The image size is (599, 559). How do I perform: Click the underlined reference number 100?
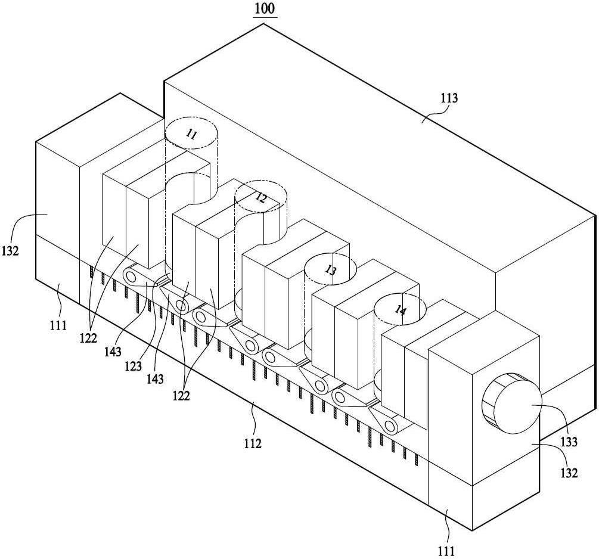pyautogui.click(x=265, y=8)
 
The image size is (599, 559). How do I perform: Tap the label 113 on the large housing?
pyautogui.click(x=449, y=98)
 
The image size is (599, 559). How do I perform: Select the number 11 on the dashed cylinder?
pyautogui.click(x=191, y=134)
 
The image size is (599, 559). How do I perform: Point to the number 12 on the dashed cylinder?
pyautogui.click(x=261, y=198)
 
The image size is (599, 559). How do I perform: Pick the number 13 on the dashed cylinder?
pyautogui.click(x=331, y=270)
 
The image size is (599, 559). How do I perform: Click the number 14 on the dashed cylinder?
pyautogui.click(x=400, y=310)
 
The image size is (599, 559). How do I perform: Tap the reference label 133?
pyautogui.click(x=569, y=442)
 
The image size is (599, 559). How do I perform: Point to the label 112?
pyautogui.click(x=253, y=443)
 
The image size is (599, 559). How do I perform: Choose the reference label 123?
pyautogui.click(x=133, y=366)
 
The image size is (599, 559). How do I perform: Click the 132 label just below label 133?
pyautogui.click(x=569, y=473)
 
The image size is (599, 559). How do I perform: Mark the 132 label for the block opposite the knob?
pyautogui.click(x=10, y=251)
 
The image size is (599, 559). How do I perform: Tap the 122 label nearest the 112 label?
pyautogui.click(x=181, y=396)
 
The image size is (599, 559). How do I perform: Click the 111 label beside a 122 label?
pyautogui.click(x=58, y=325)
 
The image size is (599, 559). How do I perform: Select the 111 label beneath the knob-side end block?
pyautogui.click(x=446, y=551)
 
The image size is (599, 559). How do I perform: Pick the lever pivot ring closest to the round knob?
pyautogui.click(x=390, y=424)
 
